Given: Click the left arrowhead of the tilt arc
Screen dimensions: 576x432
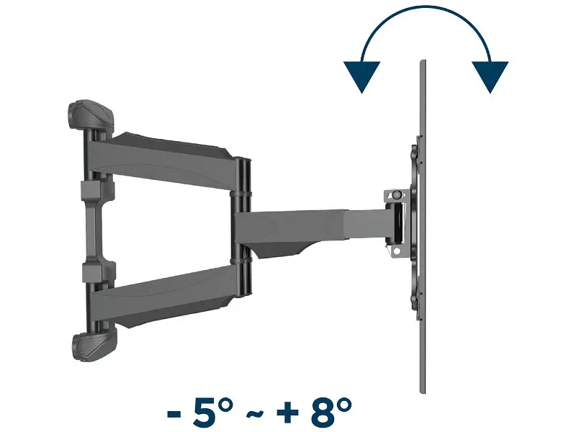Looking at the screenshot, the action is pyautogui.click(x=361, y=76).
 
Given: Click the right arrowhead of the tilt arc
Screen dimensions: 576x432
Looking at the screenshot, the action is pyautogui.click(x=490, y=76).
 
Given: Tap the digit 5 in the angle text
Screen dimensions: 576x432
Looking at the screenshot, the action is pyautogui.click(x=204, y=411).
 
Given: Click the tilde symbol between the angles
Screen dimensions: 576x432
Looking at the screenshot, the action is pyautogui.click(x=255, y=413).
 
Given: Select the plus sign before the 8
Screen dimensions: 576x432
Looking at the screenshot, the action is pyautogui.click(x=287, y=413).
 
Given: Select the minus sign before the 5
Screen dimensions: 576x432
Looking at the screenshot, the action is pyautogui.click(x=174, y=413).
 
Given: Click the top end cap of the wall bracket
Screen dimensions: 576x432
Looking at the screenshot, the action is pyautogui.click(x=91, y=114).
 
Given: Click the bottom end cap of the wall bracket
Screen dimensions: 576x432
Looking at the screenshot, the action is pyautogui.click(x=94, y=347).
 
